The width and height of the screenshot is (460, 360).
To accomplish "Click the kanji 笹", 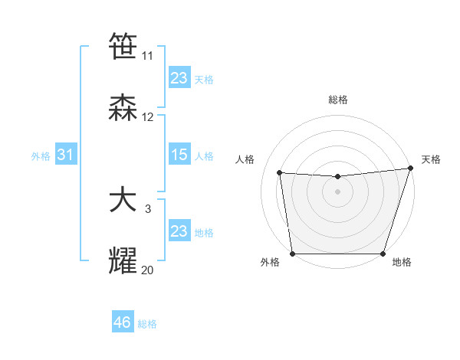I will click(x=123, y=47).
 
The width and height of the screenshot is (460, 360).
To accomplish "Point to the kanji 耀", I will click(x=123, y=261).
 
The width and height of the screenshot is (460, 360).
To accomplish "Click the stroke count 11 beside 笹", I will click(x=148, y=56).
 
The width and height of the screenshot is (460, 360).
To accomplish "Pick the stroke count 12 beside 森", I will click(x=148, y=117).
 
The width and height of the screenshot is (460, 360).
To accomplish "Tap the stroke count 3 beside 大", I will click(x=148, y=209).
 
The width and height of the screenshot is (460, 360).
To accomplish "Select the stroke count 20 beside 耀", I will click(x=148, y=270).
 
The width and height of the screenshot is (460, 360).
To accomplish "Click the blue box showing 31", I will click(x=65, y=155).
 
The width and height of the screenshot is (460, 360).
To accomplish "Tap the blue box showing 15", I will click(x=179, y=155).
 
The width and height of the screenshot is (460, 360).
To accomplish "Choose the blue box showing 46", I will click(x=122, y=322).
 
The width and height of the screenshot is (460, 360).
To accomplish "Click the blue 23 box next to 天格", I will click(x=179, y=78).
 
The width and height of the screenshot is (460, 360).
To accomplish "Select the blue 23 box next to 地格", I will click(x=179, y=231).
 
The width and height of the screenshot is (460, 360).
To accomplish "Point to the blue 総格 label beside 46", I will click(x=147, y=324).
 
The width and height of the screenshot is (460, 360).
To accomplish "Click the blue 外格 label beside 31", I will click(x=41, y=155).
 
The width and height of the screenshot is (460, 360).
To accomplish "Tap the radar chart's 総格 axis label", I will click(x=337, y=100).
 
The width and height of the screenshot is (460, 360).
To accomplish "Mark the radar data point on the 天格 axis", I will click(x=410, y=169).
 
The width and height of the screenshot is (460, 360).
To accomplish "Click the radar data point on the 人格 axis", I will click(x=280, y=173).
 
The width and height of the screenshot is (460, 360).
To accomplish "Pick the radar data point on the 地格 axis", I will click(x=383, y=254).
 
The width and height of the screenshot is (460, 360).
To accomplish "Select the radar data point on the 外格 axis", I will click(x=292, y=254).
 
